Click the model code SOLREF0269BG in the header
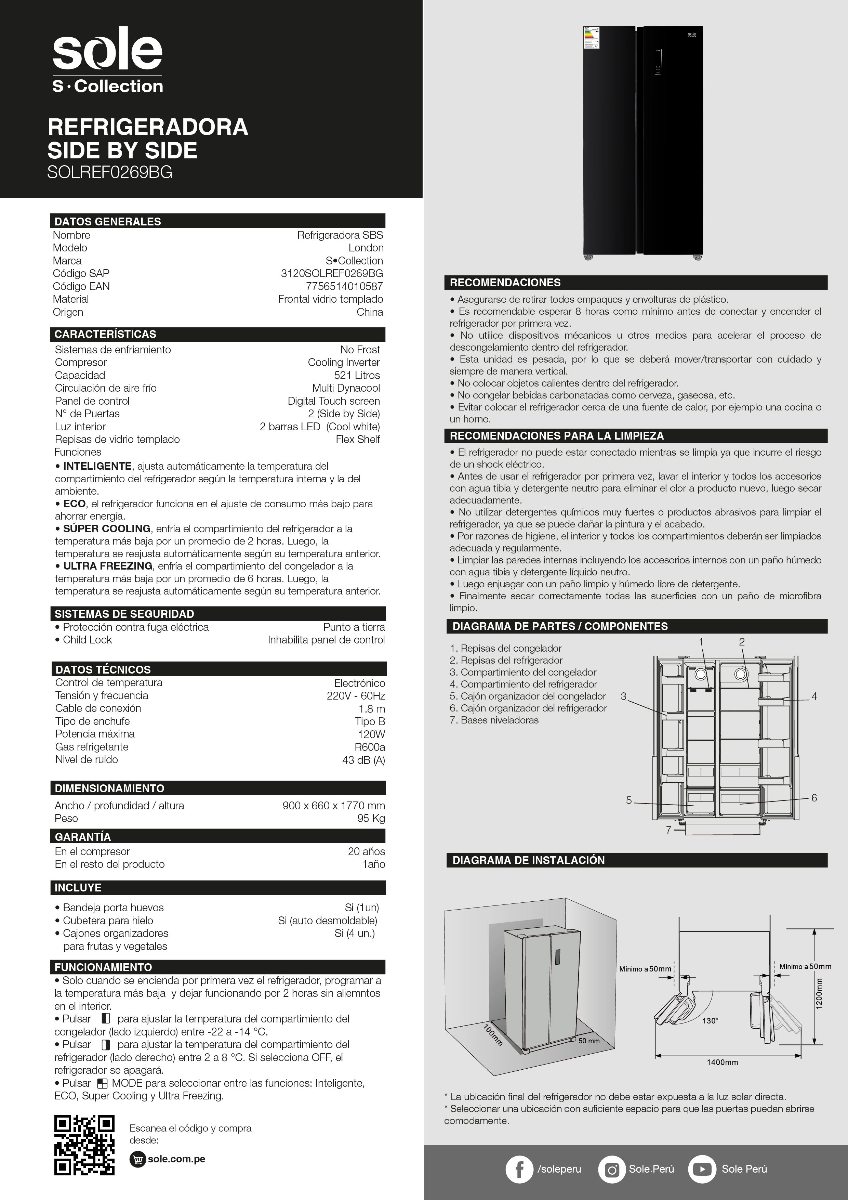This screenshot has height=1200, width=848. point(110,172)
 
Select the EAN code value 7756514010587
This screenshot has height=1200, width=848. point(344,286)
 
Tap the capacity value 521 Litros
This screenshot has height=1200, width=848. point(357,375)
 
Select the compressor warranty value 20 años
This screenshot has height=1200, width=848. point(366,851)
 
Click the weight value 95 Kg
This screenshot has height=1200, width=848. point(371,819)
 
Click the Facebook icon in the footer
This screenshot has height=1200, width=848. point(519,1169)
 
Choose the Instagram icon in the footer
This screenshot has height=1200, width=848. point(611,1169)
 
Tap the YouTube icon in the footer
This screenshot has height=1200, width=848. point(702,1169)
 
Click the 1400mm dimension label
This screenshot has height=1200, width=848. point(722,1062)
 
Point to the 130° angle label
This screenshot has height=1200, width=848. point(710,1021)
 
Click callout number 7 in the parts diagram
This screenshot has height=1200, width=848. point(668,830)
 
